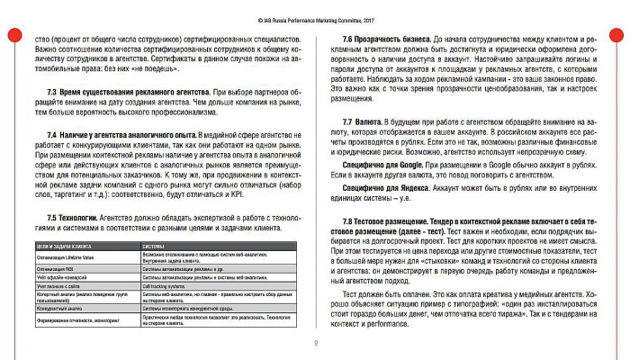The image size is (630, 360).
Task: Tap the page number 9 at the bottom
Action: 315,343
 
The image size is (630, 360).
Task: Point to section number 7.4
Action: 53,132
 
